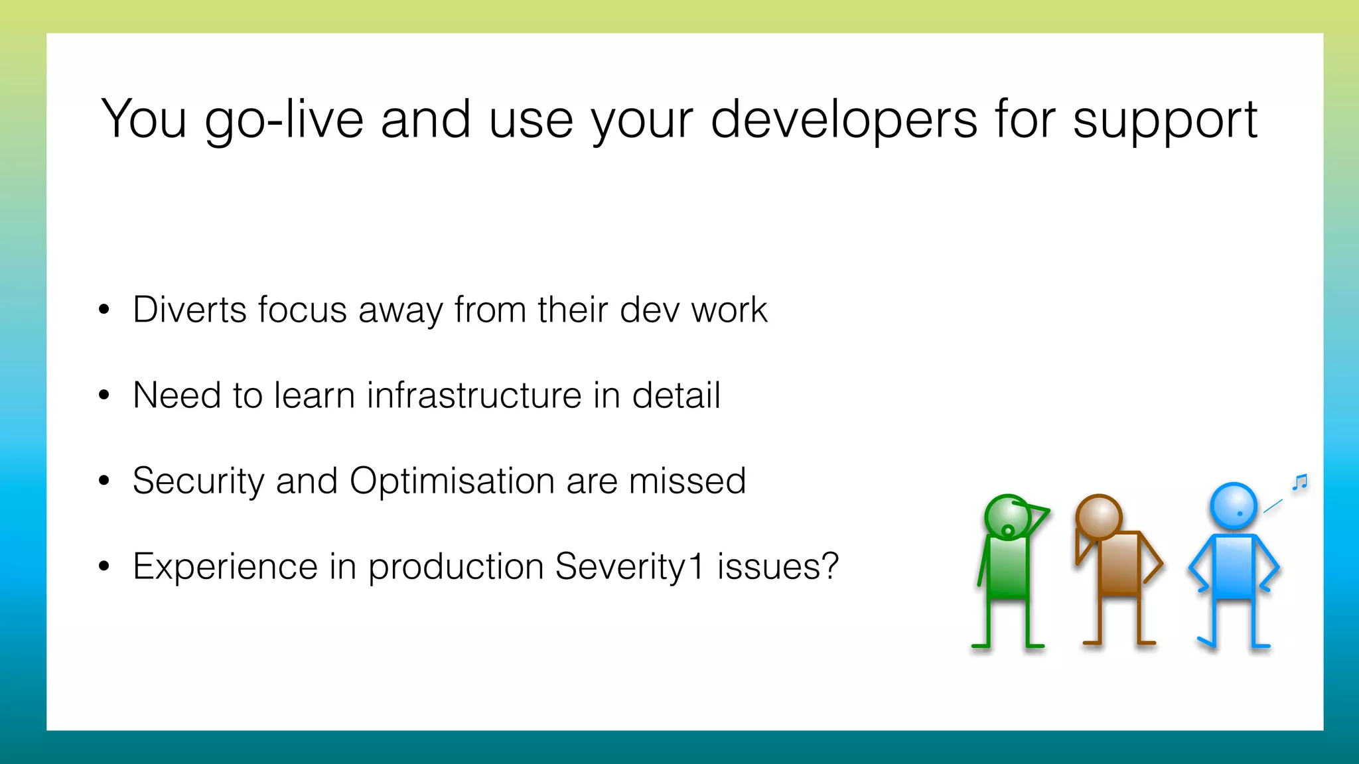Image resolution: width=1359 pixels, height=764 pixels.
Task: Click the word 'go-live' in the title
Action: (x=284, y=119)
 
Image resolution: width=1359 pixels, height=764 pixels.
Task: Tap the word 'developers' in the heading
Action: (x=843, y=119)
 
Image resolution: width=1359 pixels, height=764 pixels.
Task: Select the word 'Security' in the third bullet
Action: (x=198, y=481)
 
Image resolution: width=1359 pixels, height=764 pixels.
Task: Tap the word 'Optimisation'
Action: (x=451, y=481)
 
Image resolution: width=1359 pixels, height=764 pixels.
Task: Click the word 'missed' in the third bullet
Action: (x=687, y=481)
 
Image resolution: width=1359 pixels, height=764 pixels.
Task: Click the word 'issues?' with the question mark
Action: (x=778, y=566)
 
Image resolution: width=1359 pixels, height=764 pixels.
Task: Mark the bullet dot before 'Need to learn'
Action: (x=104, y=395)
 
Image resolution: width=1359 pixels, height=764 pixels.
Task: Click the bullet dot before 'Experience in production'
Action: (x=104, y=566)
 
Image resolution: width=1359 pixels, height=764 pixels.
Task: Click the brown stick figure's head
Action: (x=1098, y=517)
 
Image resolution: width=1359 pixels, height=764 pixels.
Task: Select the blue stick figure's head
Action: (x=1233, y=505)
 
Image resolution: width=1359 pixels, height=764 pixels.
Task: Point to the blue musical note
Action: (x=1300, y=482)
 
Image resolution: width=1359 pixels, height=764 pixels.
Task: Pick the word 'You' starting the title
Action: (x=143, y=119)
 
